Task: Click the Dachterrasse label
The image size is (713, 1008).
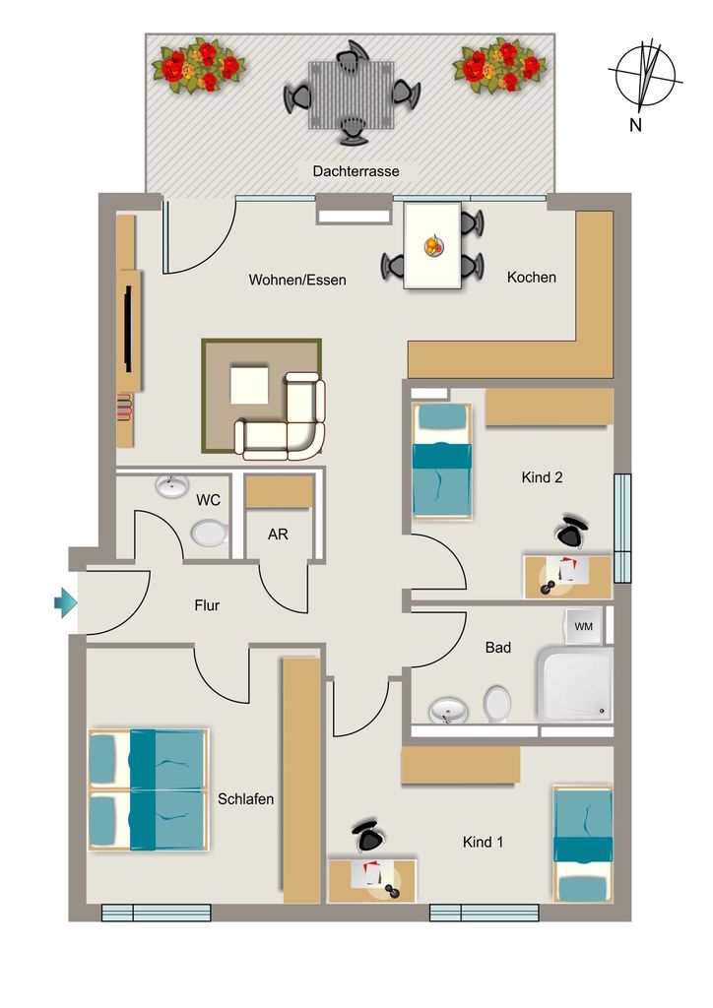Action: (x=356, y=171)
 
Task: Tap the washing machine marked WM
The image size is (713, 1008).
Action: (x=583, y=625)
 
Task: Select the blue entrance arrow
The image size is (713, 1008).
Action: (x=66, y=603)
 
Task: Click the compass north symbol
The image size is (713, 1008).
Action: (x=645, y=75)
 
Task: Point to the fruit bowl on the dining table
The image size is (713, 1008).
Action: (x=433, y=245)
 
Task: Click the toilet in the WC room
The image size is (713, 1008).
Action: (x=209, y=533)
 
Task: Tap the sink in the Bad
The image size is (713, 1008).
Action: (x=448, y=711)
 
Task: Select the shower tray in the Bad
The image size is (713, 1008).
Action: (x=575, y=684)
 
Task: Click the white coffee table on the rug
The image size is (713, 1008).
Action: (x=249, y=385)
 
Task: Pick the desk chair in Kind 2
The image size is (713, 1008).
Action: (x=571, y=531)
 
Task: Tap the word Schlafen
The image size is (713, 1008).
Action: (x=245, y=799)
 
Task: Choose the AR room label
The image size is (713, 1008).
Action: (x=278, y=535)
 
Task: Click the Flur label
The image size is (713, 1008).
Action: (x=207, y=605)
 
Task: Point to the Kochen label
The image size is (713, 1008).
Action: (x=532, y=277)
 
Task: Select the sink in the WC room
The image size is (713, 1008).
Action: (x=172, y=486)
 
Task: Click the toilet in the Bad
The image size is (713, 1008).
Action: (x=497, y=703)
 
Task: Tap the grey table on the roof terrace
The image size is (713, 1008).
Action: (x=351, y=94)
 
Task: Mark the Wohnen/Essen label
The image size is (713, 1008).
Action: (x=297, y=280)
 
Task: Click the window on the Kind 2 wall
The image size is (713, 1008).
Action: (x=622, y=528)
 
